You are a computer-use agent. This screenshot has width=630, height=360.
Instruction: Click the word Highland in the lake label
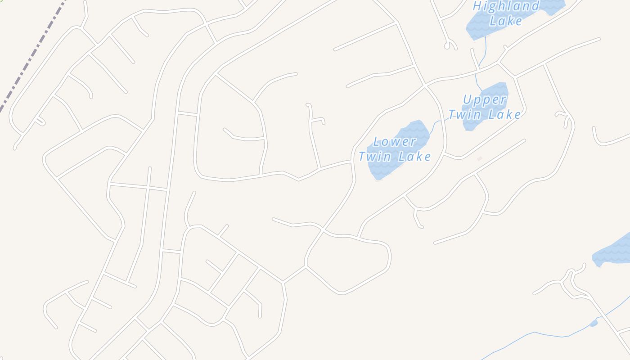506,6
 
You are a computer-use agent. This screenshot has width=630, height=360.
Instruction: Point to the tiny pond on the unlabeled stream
594,323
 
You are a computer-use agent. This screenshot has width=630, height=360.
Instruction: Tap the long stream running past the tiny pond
535,333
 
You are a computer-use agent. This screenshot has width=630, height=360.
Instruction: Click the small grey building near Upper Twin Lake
480,158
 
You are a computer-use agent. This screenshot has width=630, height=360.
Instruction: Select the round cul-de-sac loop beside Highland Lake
447,45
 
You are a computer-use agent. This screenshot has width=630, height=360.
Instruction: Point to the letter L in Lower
377,142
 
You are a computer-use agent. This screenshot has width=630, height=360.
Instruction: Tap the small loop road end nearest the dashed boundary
40,121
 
